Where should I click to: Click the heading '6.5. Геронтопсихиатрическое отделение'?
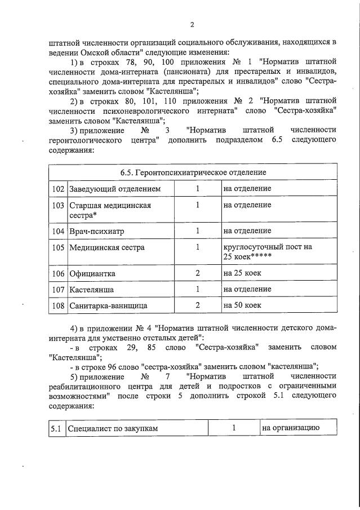coord(193,172)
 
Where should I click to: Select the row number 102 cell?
coord(57,188)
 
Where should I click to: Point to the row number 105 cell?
coord(57,247)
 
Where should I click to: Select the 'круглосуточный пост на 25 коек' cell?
coord(267,252)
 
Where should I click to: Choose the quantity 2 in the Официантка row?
coord(198,273)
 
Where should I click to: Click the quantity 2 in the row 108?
coord(198,306)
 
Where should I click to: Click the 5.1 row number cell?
coord(56,428)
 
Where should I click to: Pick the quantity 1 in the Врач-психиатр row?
coord(198,230)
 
